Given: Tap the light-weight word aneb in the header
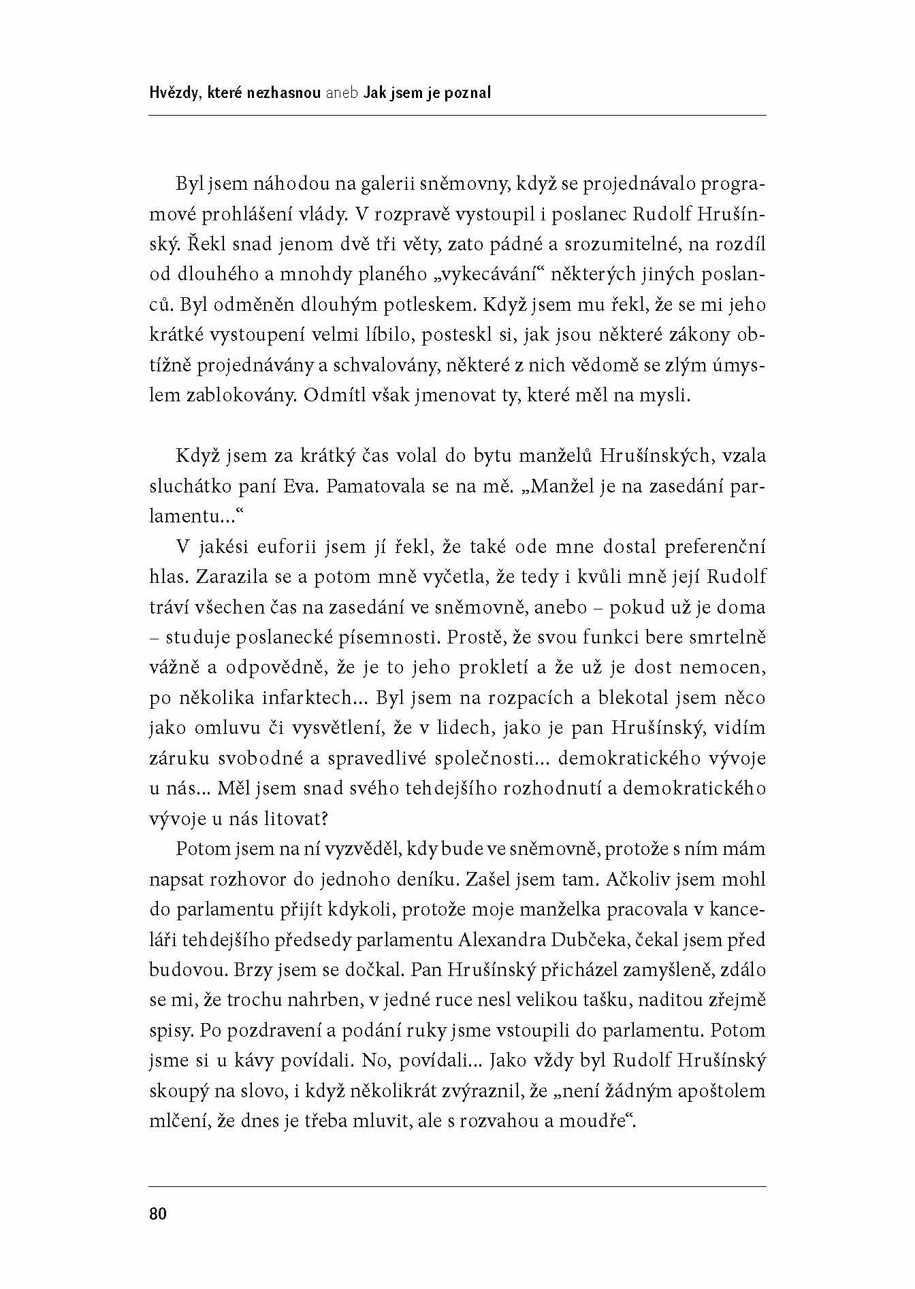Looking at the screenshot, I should [x=342, y=93].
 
